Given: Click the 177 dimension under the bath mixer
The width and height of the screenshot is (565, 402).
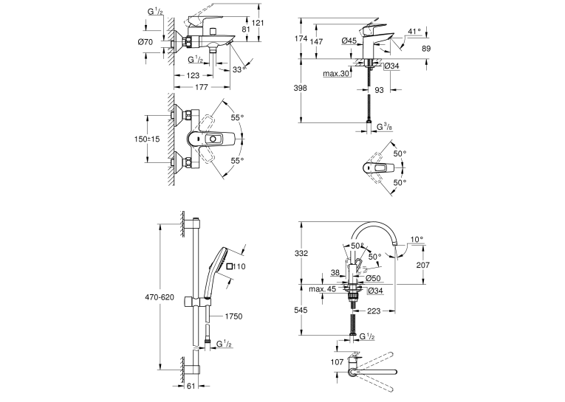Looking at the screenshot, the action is [x=201, y=87].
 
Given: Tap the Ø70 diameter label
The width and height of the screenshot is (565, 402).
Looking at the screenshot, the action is [x=145, y=42].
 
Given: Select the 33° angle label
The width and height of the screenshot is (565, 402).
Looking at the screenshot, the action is [x=239, y=69].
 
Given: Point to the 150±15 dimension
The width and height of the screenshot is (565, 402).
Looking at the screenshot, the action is [x=147, y=139].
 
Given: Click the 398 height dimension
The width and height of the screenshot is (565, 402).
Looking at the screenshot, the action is [x=300, y=88].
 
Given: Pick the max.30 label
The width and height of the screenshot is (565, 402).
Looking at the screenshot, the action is [x=336, y=74].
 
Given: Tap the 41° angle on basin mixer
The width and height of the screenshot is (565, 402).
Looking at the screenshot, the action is [x=414, y=32].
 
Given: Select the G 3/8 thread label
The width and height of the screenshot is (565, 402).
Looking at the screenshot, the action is [x=385, y=127].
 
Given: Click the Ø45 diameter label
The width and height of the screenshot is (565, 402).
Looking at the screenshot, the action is [x=349, y=41].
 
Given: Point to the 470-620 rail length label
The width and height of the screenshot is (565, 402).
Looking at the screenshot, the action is [x=160, y=297].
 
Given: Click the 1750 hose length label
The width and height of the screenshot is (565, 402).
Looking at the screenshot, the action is [x=233, y=316].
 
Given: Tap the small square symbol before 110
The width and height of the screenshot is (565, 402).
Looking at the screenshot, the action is [x=230, y=266].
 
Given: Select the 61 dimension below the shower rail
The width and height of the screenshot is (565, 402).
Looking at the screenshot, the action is [x=191, y=387].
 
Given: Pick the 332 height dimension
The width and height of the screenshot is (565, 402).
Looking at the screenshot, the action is [x=301, y=253].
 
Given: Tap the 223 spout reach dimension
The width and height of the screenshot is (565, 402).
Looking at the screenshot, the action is [x=374, y=311].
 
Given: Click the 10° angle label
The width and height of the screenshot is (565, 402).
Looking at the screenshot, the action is [x=417, y=239].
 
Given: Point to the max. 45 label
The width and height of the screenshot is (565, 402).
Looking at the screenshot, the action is [x=322, y=289].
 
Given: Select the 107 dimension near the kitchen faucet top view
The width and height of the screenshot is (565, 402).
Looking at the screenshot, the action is [x=337, y=362].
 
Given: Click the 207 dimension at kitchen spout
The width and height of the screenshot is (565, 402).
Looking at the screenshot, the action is [x=422, y=265].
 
